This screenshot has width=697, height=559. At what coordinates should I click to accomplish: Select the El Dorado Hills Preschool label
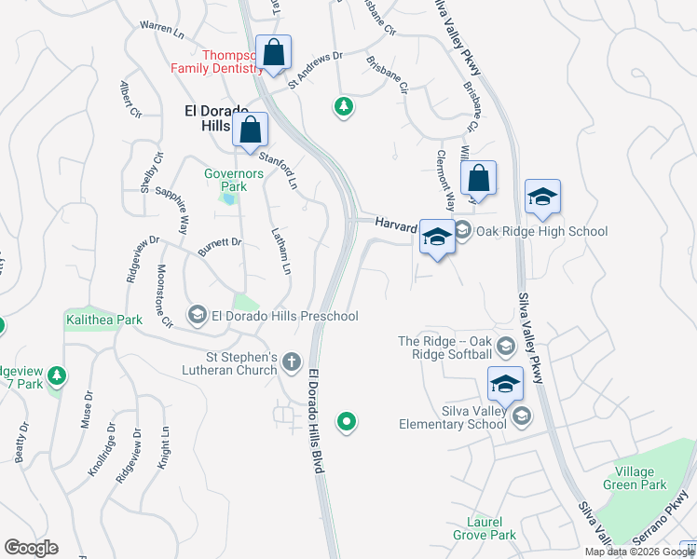click(x=284, y=316)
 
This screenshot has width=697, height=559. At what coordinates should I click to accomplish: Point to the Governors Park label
click(x=226, y=180)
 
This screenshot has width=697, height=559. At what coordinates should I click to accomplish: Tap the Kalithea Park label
click(x=103, y=320)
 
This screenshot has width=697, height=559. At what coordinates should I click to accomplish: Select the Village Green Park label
click(x=641, y=479)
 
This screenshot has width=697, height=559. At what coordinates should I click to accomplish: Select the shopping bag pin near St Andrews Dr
click(x=275, y=53)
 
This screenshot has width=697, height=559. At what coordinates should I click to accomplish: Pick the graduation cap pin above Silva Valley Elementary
click(x=505, y=384)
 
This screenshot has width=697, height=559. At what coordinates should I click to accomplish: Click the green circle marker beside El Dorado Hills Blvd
click(x=347, y=423)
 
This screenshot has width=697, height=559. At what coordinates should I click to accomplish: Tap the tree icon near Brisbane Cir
click(x=344, y=107)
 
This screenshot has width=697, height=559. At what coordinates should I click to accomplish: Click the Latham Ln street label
click(x=282, y=251)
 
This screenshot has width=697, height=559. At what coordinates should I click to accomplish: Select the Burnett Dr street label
click(x=220, y=247)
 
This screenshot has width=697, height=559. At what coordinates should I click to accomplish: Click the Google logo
click(x=31, y=548)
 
